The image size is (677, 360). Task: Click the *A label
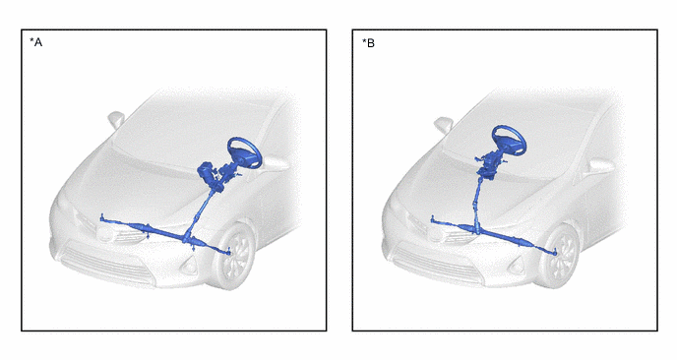(x=35, y=42)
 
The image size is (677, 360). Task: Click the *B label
(x=368, y=43)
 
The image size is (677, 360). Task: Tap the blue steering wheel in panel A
(x=245, y=152)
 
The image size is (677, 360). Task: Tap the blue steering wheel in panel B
(x=509, y=141)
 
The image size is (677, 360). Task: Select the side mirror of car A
(x=116, y=119)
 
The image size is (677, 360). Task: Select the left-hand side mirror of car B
(x=444, y=124)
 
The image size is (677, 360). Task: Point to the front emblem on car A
(x=106, y=234)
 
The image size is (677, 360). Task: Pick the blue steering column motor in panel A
(x=207, y=171)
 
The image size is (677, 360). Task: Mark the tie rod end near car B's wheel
(x=554, y=252)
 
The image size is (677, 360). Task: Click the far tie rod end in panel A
(x=102, y=217)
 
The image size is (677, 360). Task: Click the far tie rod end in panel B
(x=432, y=219)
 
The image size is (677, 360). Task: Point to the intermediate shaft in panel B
(x=477, y=202)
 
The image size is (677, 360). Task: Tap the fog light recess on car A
(x=189, y=268)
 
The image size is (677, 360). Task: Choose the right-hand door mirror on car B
(x=599, y=166)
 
